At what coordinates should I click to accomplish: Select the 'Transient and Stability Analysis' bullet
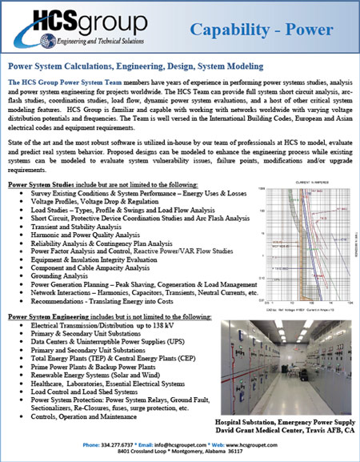click(x=79, y=226)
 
